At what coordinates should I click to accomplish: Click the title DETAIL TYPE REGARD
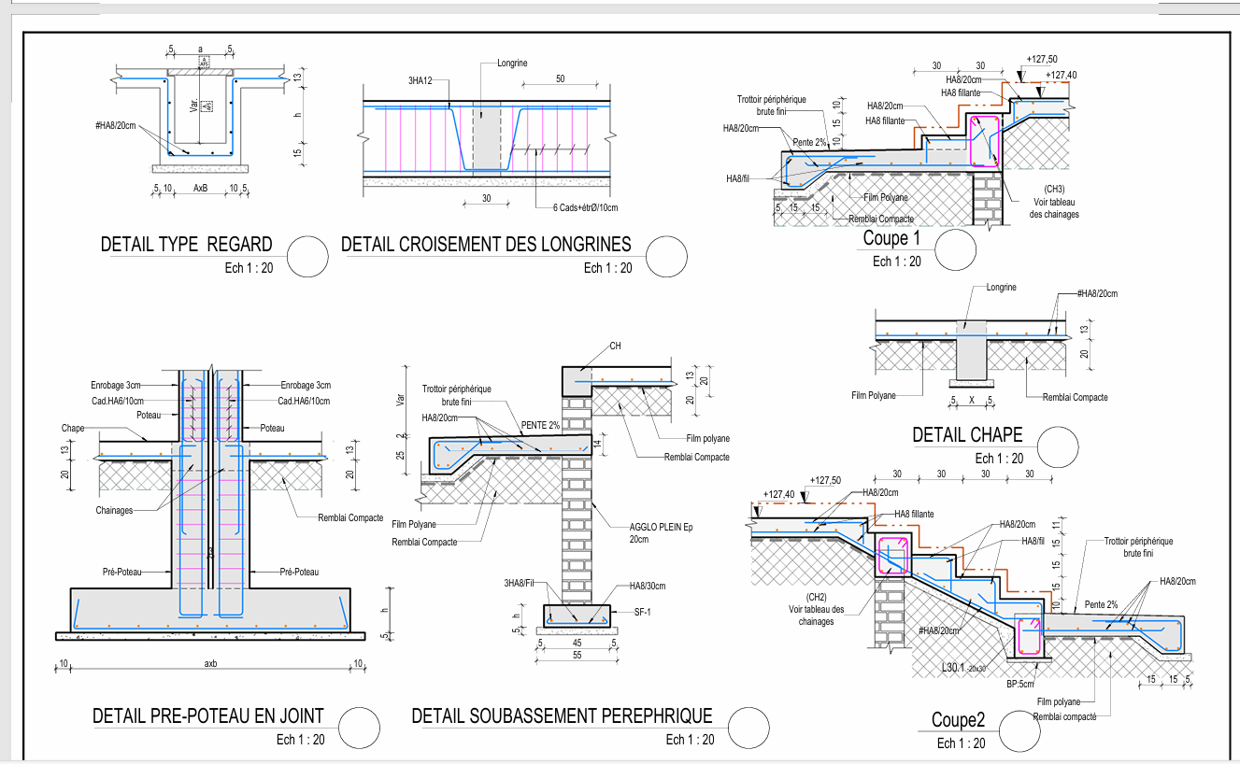tap(186, 245)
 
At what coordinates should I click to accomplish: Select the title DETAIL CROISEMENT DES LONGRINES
tap(486, 245)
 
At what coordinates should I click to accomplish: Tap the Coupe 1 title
tap(885, 238)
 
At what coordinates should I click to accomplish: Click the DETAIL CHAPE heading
tap(967, 434)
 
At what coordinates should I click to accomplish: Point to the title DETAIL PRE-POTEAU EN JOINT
tap(207, 716)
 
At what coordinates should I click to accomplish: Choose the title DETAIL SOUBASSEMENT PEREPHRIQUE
tap(562, 716)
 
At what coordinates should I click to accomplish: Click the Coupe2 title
tap(958, 720)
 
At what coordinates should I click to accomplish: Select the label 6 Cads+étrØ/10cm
tap(578, 207)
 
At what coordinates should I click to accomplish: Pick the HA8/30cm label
tap(648, 586)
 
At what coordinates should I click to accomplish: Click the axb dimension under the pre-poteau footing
tap(211, 664)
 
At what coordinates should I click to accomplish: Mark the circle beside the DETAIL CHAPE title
tap(1057, 445)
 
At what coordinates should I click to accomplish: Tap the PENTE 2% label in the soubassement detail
tap(540, 425)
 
